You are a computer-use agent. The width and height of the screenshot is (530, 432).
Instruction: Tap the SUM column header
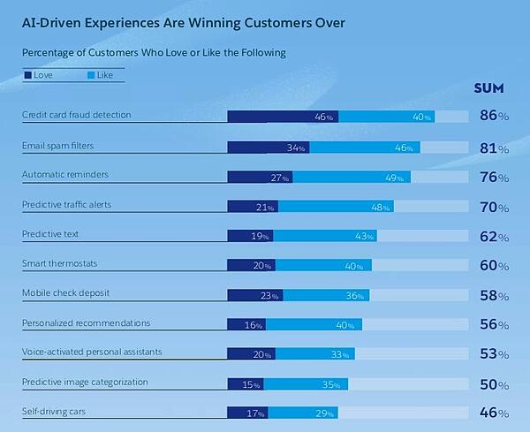(x=488, y=87)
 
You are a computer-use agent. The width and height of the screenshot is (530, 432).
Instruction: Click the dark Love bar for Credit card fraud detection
(x=283, y=117)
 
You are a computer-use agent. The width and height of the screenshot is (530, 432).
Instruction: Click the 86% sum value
(x=494, y=116)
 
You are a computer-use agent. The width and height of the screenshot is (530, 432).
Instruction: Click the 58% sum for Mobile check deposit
(x=494, y=295)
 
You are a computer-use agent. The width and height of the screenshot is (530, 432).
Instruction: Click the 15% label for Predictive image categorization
(x=252, y=385)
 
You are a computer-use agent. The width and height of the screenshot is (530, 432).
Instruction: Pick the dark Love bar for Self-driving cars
(x=247, y=413)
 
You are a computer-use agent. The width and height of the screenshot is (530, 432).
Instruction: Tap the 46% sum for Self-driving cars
(x=494, y=413)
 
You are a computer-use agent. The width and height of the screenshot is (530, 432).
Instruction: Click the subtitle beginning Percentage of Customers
(x=154, y=53)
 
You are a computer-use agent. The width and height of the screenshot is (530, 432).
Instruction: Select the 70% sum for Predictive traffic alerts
(x=494, y=208)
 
